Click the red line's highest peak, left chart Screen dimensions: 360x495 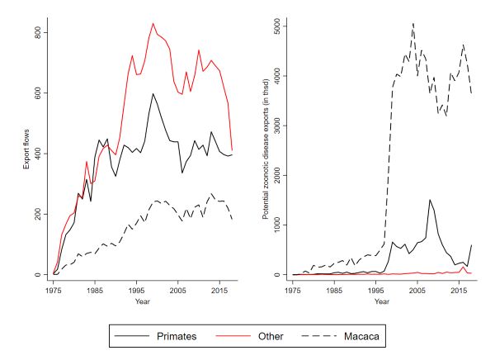(x=153, y=23)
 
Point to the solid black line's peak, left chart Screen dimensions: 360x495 (x=153, y=93)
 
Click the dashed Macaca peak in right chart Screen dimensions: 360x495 (x=412, y=23)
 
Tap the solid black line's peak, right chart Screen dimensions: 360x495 (x=429, y=200)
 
